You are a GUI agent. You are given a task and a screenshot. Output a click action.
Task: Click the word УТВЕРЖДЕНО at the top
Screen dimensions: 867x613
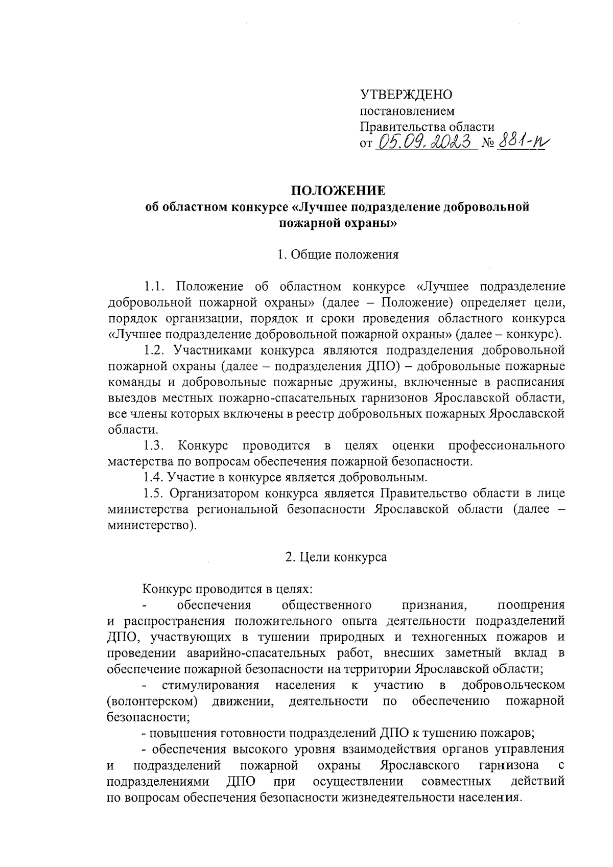click(x=407, y=95)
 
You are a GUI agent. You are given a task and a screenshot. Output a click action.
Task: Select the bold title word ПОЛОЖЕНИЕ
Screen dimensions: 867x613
click(x=338, y=191)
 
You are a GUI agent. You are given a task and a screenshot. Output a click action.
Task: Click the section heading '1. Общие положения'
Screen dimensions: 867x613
click(x=338, y=254)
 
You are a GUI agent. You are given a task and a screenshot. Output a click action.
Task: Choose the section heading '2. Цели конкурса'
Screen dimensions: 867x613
click(x=336, y=557)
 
